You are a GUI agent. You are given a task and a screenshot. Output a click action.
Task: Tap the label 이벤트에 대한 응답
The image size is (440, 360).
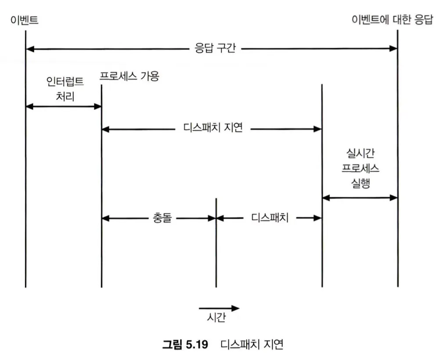[392, 20]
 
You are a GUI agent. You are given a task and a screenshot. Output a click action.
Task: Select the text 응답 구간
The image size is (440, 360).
[215, 48]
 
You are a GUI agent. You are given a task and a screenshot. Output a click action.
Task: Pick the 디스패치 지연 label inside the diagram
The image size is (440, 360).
[212, 129]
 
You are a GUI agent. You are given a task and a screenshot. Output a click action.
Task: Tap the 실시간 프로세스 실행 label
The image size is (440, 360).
[360, 168]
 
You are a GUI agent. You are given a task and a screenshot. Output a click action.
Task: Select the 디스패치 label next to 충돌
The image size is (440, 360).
[270, 218]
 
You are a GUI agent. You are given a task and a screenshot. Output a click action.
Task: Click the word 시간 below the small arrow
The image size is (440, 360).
[216, 317]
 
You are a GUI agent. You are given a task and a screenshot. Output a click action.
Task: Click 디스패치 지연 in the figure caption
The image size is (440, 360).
[252, 344]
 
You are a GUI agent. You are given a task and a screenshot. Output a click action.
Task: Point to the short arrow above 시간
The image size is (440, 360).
[219, 308]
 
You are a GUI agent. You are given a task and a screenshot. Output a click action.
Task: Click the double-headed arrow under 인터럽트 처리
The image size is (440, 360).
[64, 106]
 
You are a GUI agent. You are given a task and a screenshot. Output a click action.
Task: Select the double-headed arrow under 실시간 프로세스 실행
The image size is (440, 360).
[360, 198]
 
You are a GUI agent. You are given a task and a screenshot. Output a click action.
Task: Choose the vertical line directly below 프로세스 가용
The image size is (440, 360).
[101, 184]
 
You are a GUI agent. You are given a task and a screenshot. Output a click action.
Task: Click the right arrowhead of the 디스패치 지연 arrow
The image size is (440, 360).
[318, 129]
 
